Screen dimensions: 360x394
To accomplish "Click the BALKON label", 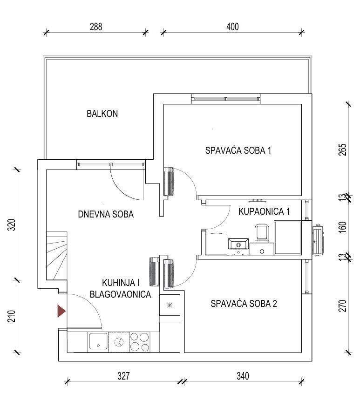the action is click(102, 114).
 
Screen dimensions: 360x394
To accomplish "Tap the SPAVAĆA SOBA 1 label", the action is click(238, 150).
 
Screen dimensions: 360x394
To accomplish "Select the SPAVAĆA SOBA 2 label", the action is click(244, 304).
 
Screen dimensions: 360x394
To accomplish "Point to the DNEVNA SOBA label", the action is click(106, 214).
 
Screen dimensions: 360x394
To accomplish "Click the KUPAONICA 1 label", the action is click(264, 211).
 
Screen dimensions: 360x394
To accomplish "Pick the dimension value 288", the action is click(96, 27).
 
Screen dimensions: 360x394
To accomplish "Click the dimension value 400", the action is click(232, 27).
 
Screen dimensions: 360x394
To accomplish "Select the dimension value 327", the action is click(123, 376).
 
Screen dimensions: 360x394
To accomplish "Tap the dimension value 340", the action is click(243, 376).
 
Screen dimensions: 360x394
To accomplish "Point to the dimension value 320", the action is click(12, 224).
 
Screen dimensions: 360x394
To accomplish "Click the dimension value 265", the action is click(342, 150).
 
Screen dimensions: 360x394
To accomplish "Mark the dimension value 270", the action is click(342, 306).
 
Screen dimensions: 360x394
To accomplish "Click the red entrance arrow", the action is click(61, 311).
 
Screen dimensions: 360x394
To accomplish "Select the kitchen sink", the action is click(98, 342).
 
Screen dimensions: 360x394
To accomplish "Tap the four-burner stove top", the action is click(139, 342).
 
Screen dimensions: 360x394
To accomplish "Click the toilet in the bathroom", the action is click(262, 233).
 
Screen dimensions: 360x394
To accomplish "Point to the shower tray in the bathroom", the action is click(287, 238).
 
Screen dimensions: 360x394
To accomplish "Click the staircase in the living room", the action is click(57, 256).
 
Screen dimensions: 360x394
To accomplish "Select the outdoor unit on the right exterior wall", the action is click(318, 240).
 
